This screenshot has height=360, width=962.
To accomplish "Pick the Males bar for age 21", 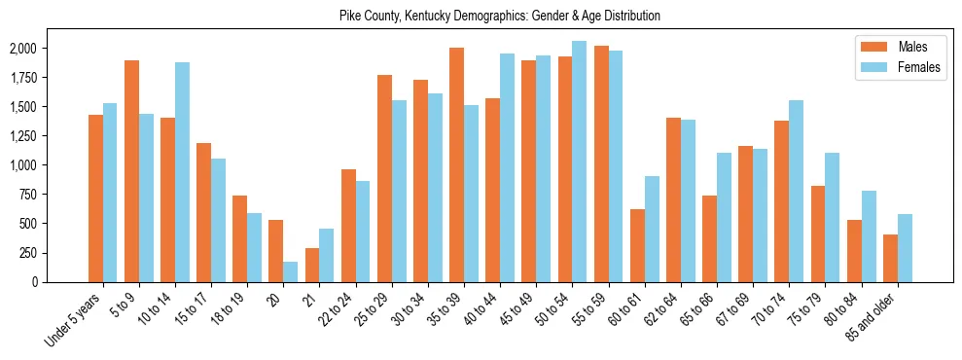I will click(x=312, y=265).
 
